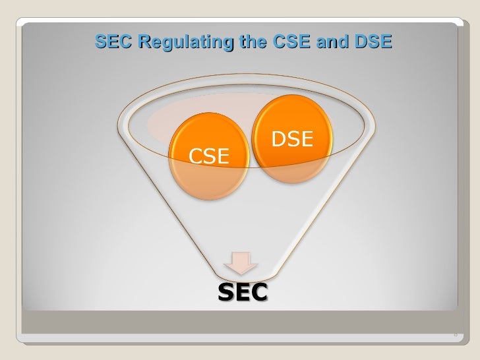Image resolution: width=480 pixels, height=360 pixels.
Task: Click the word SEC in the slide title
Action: (x=109, y=43)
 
